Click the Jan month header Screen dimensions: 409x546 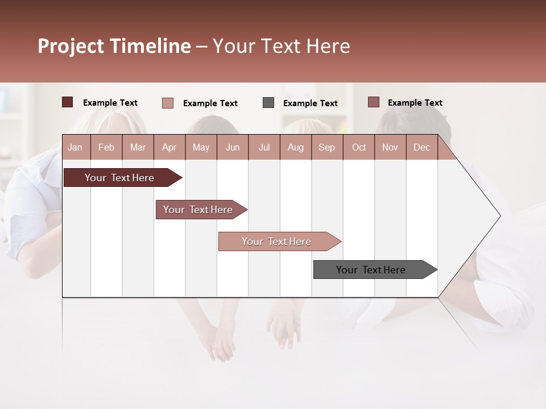(75, 147)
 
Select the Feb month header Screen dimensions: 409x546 (106, 147)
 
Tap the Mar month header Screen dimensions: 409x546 (138, 147)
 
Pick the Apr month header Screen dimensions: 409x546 (169, 147)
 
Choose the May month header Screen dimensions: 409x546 (201, 147)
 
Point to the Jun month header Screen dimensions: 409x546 (233, 147)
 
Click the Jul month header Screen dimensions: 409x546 (264, 147)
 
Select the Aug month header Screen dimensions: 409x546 (295, 147)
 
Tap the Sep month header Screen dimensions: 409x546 (326, 147)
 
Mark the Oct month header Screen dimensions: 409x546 (359, 147)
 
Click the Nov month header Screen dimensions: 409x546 (390, 147)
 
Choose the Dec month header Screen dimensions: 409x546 (421, 147)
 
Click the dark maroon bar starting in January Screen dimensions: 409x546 (120, 178)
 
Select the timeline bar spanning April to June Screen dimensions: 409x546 (198, 210)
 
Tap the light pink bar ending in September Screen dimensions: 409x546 (277, 241)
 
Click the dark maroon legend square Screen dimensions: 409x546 (67, 102)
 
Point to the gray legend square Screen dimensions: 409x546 (268, 102)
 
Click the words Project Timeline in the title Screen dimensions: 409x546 (114, 46)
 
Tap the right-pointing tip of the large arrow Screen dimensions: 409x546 (498, 216)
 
